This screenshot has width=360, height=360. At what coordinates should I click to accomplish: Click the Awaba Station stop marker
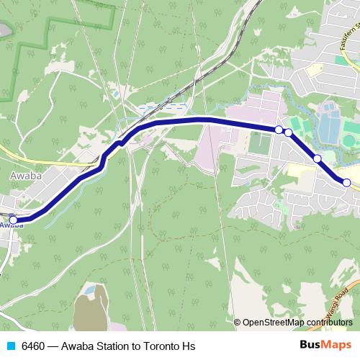12,220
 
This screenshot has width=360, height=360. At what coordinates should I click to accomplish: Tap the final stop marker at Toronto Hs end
346,183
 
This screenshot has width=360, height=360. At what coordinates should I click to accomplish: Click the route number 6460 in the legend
34,346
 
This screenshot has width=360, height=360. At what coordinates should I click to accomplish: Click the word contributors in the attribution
329,322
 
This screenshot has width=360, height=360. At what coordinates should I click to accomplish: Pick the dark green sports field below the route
259,143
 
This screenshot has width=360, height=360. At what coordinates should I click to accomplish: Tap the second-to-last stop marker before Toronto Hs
317,158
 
